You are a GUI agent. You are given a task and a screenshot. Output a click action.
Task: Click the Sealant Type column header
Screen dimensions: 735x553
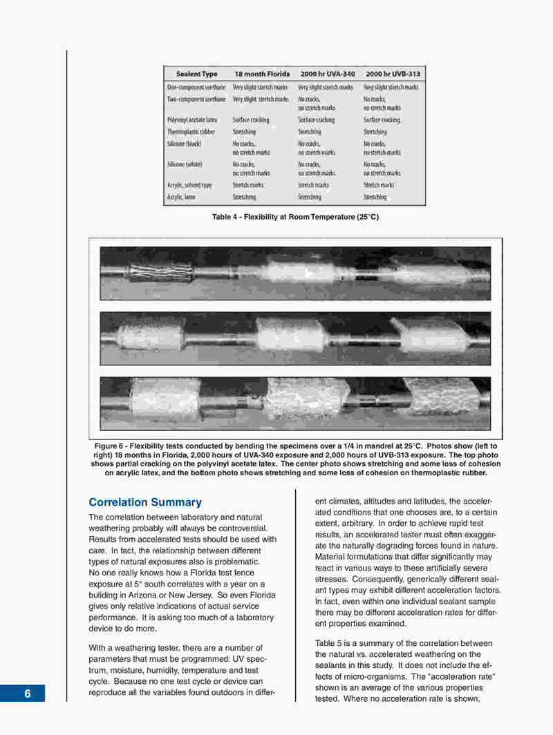point(196,74)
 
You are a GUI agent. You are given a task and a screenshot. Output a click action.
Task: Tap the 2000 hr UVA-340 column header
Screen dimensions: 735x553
point(328,74)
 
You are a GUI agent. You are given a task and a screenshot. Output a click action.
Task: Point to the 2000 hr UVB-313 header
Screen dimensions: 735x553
point(392,74)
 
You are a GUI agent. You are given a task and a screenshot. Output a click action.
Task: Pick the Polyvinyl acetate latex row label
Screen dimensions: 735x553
point(192,120)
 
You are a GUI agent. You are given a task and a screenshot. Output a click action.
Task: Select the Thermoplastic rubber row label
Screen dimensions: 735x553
point(191,131)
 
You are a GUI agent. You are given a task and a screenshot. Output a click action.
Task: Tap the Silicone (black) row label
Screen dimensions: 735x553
point(184,144)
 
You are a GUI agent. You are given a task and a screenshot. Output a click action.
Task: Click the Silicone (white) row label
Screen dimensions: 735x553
point(185,164)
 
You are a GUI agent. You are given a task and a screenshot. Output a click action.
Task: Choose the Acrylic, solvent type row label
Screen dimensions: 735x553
point(189,185)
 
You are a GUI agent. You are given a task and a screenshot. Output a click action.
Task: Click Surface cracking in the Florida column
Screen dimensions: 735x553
point(250,120)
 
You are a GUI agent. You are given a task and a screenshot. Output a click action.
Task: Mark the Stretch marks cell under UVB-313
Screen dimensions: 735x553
point(379,185)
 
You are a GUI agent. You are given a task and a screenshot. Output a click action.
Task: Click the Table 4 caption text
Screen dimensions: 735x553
point(295,218)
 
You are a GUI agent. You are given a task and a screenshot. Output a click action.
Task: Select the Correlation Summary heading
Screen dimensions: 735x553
point(145,502)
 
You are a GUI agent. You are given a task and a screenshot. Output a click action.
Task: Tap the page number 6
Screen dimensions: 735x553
point(28,694)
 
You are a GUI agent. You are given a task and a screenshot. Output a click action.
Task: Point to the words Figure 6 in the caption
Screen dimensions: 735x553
point(110,446)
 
